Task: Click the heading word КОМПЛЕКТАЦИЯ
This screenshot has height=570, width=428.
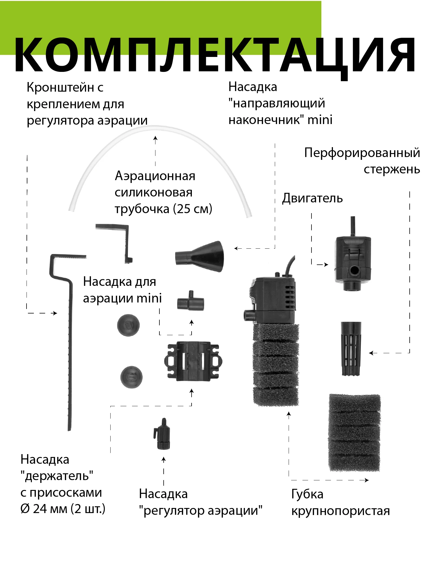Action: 214,55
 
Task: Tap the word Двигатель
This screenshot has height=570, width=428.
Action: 312,198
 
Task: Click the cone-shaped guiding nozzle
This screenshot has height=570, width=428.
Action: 200,256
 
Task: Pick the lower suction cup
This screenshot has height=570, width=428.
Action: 131,377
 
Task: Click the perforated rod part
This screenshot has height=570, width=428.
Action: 351,348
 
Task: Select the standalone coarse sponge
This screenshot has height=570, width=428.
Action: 354,432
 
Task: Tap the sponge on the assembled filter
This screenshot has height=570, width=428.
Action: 275,365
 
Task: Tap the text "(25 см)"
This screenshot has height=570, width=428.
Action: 193,209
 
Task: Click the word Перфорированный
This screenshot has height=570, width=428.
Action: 362,153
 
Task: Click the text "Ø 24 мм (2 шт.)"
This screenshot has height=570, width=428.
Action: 63,509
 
